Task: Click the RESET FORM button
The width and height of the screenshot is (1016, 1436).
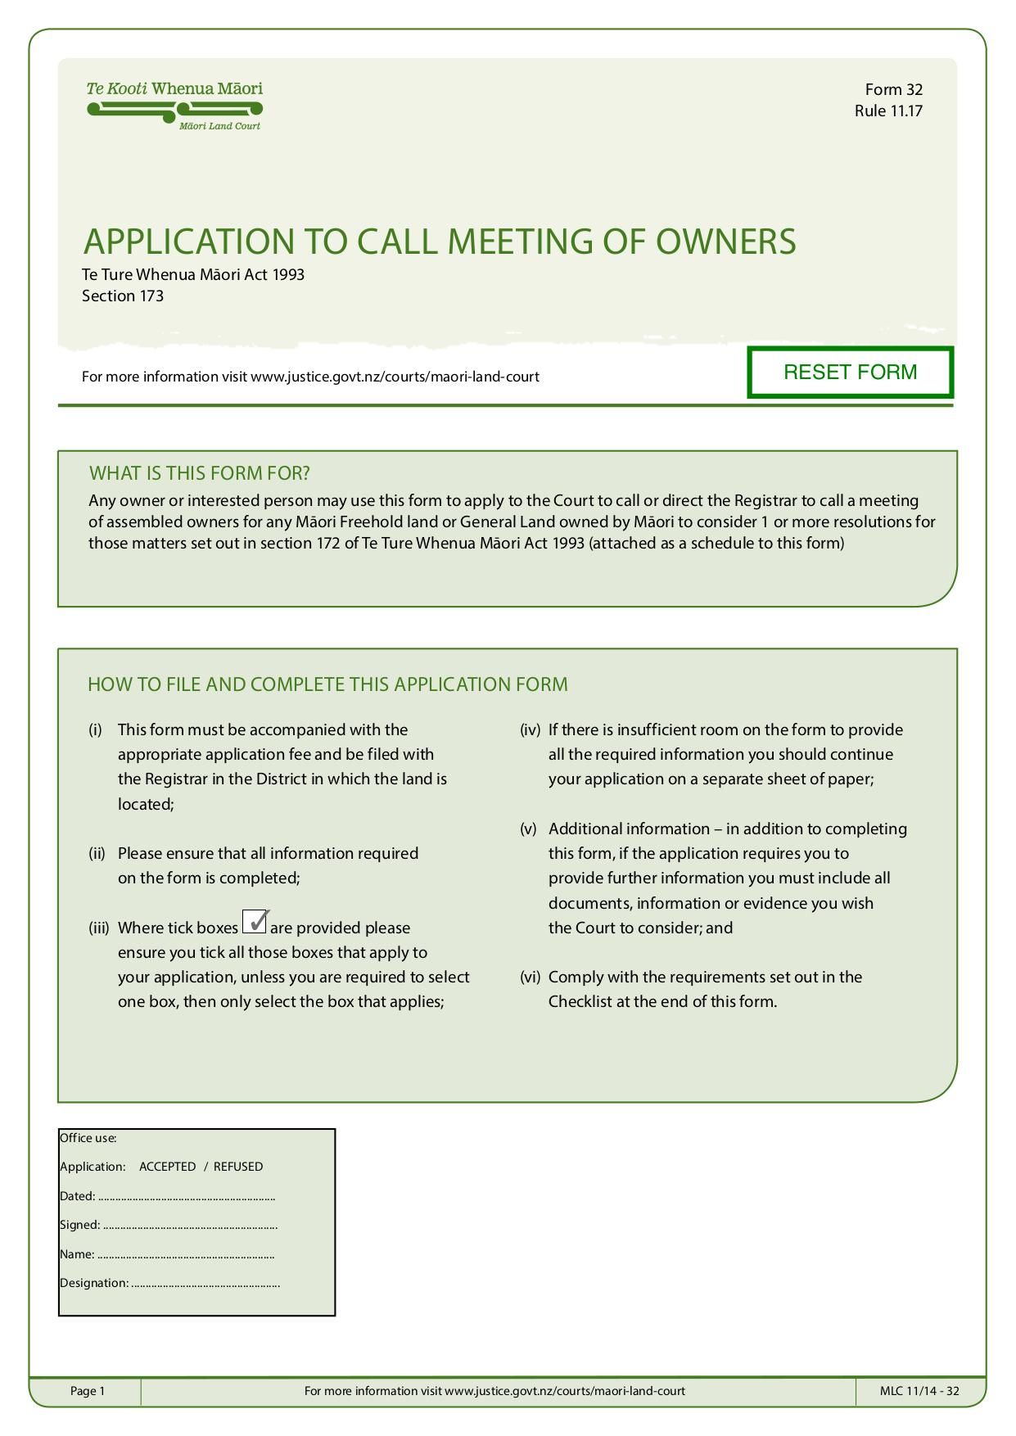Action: [x=850, y=373]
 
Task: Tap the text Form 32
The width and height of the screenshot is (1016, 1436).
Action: [x=893, y=89]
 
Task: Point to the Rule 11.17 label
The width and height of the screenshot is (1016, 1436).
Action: [x=888, y=111]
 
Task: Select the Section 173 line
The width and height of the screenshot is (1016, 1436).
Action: [x=123, y=296]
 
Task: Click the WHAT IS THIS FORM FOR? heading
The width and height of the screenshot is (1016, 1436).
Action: [x=199, y=473]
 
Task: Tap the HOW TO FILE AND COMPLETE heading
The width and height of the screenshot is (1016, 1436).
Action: [x=327, y=684]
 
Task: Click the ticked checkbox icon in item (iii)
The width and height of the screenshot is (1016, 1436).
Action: [x=255, y=922]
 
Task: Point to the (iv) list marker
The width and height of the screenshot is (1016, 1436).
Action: [x=530, y=729]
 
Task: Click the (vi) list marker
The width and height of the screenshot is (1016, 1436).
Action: [x=530, y=977]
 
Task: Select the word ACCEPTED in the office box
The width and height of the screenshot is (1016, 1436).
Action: [x=167, y=1167]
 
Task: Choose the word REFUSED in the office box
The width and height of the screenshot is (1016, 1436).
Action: [x=238, y=1167]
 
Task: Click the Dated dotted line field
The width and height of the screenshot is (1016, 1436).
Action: [x=187, y=1197]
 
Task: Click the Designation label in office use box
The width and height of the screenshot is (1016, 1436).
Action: [x=94, y=1283]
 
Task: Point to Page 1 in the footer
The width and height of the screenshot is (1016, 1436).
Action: [x=88, y=1391]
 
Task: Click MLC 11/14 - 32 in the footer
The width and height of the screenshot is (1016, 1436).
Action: [x=919, y=1391]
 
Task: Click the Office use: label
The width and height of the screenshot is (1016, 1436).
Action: [x=88, y=1138]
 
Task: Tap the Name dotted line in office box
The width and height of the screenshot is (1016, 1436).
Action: [x=186, y=1255]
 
